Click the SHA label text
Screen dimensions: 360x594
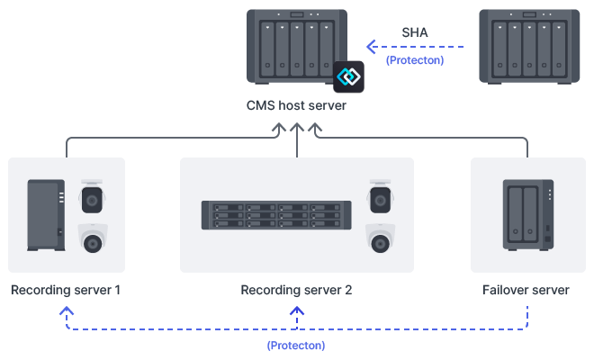point(415,32)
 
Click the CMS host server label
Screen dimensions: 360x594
point(296,106)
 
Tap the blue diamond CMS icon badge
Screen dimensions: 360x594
point(347,76)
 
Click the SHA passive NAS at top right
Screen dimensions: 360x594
point(527,45)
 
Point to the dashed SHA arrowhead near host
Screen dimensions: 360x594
point(371,46)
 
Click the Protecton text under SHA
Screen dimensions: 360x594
point(414,60)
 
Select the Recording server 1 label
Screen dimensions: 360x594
point(66,291)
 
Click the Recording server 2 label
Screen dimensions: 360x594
point(296,291)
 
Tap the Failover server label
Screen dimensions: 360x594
point(526,291)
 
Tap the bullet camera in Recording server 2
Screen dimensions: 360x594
point(381,196)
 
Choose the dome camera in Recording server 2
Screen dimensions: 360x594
point(381,238)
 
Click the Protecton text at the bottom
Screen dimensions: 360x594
point(296,345)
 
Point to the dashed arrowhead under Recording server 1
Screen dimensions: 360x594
point(66,311)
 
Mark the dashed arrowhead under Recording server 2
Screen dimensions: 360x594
point(296,311)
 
